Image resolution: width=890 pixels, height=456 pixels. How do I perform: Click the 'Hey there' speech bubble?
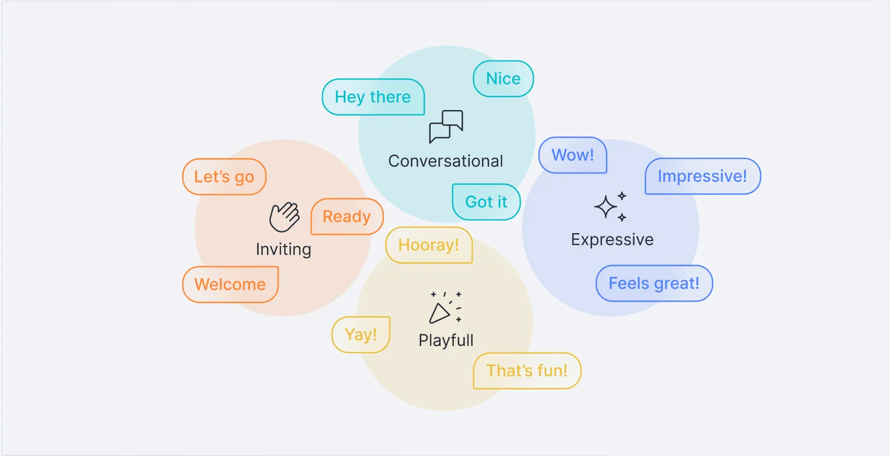[373, 97]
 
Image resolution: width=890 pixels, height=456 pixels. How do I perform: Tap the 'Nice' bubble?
[503, 79]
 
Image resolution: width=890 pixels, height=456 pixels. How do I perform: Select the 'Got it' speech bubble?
[486, 202]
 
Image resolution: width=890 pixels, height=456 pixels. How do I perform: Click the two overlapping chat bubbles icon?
[446, 126]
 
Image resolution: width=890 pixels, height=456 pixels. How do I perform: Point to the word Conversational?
[446, 161]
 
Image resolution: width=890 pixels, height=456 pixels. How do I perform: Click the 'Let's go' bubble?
[224, 177]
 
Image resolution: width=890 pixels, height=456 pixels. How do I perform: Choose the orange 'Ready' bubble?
[347, 216]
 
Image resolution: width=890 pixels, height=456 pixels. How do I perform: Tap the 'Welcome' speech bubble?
[230, 284]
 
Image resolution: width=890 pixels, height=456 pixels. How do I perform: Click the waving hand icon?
[284, 217]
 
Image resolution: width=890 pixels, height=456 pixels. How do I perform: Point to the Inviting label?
[284, 249]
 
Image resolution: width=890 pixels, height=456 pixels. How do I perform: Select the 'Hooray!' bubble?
[428, 245]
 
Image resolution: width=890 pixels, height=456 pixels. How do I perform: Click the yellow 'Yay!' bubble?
[361, 335]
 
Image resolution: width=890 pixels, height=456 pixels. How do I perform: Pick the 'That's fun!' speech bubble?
[527, 371]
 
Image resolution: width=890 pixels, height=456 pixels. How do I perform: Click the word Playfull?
[446, 340]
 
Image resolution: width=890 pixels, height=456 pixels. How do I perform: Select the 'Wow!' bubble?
[572, 155]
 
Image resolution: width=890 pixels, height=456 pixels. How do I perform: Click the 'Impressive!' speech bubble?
[703, 176]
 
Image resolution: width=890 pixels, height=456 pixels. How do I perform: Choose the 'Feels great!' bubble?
[654, 284]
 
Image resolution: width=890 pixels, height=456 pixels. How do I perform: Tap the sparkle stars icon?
[611, 207]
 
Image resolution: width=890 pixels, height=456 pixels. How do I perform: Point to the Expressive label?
[612, 240]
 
